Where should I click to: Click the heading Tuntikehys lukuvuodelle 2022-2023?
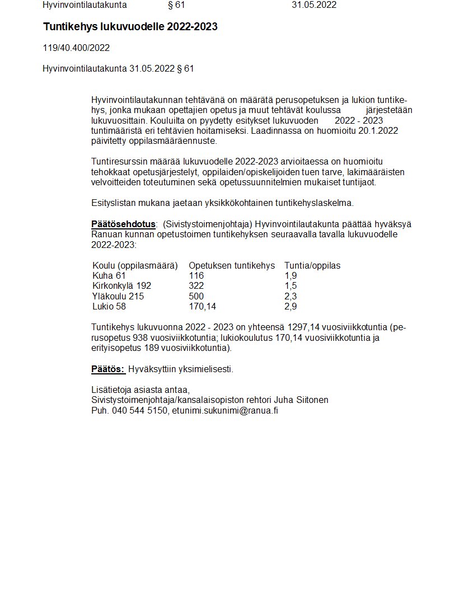coord(130,27)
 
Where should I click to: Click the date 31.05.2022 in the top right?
coord(314,5)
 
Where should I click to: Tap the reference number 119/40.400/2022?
coord(76,48)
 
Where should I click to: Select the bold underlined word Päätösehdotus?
coord(123,224)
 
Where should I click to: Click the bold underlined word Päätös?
coord(108,369)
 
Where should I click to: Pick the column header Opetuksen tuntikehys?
coord(232,265)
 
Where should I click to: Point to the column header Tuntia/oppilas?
coord(312,265)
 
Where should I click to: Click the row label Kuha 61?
coord(109,275)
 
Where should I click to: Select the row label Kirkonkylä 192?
coord(122,285)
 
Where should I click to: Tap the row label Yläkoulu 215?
coord(118,296)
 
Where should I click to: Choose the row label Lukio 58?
coord(109,306)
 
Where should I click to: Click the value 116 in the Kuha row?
coord(196,275)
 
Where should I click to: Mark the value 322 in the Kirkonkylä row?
coord(196,285)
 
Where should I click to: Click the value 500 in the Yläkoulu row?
coord(196,296)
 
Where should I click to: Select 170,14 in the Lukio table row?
coord(202,306)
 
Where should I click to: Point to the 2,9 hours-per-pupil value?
coord(290,306)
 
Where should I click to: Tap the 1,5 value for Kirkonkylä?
coord(290,285)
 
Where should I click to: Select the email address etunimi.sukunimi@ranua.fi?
coord(225,410)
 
